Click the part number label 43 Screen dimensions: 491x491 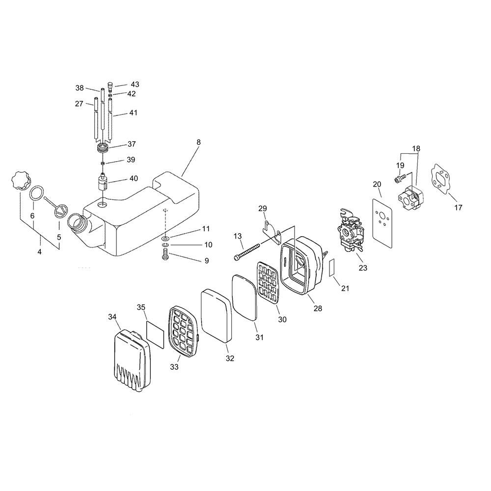[135, 84]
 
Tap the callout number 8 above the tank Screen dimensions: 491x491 [198, 142]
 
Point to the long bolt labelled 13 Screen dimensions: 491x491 [247, 251]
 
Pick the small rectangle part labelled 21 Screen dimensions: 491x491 [331, 268]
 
